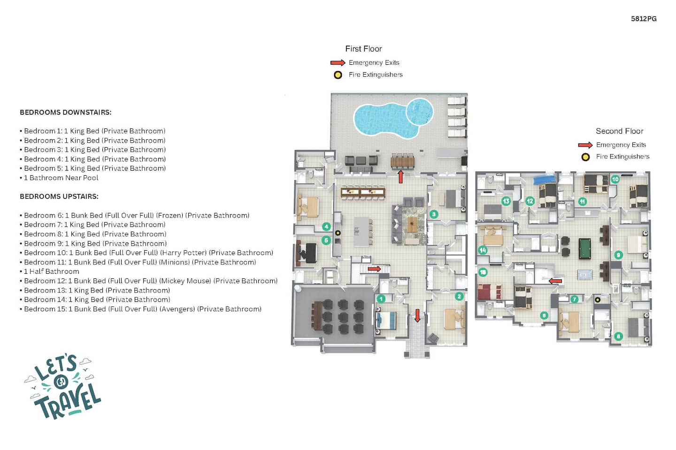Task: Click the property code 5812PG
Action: click(x=644, y=19)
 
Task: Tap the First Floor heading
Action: click(x=364, y=49)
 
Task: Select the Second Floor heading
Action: click(x=620, y=131)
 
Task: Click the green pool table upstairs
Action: click(x=584, y=248)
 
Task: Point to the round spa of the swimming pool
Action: click(x=420, y=112)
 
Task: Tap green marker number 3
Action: click(x=434, y=214)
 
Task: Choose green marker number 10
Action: click(x=615, y=180)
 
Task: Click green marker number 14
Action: click(x=483, y=250)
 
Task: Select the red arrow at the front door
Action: click(x=417, y=315)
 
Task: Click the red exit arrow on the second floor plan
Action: click(x=555, y=281)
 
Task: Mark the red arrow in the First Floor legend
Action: click(x=338, y=63)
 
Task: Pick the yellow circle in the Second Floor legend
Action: click(x=585, y=157)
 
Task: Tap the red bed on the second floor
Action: click(x=490, y=292)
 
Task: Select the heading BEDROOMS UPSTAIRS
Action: click(x=59, y=196)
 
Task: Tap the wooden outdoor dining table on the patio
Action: click(x=403, y=162)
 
